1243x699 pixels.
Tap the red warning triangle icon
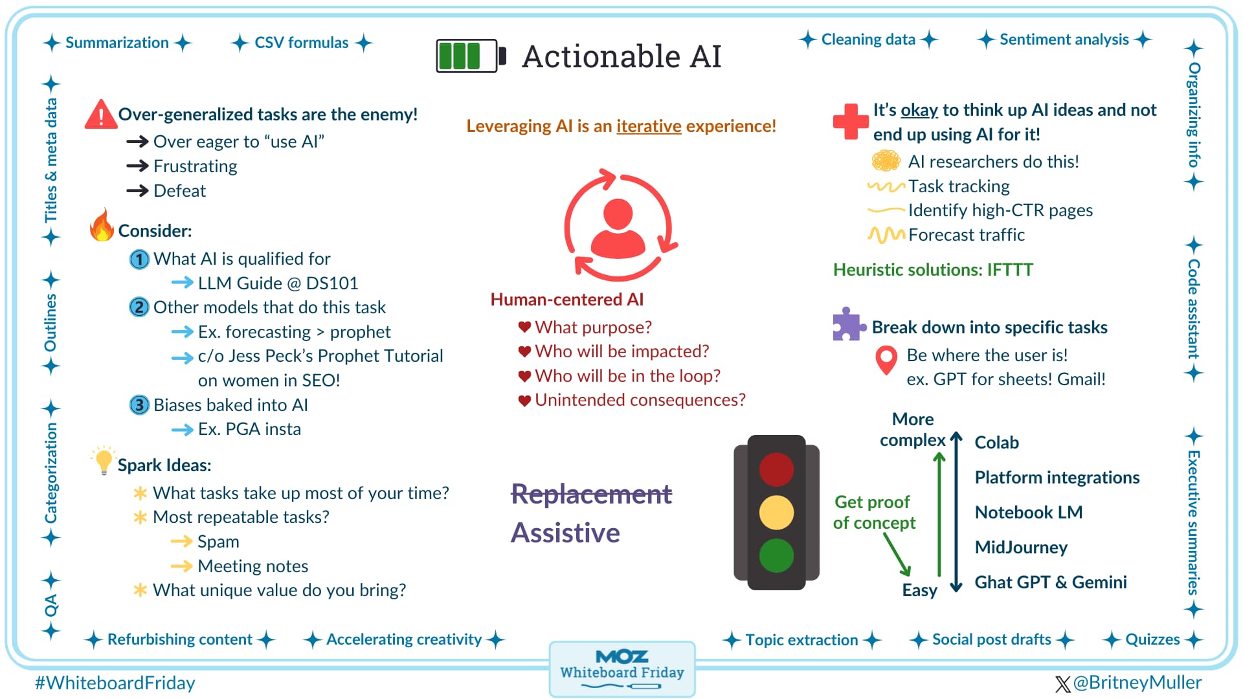click(x=101, y=115)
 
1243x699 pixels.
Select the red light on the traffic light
click(x=776, y=469)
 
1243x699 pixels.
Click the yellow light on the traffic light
click(x=776, y=513)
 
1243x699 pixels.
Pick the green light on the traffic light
click(x=776, y=555)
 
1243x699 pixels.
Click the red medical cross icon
click(x=850, y=121)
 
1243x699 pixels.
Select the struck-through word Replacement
click(x=591, y=494)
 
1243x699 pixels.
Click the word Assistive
click(x=565, y=533)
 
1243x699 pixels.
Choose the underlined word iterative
click(x=649, y=126)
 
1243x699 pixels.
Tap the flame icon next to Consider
click(x=102, y=226)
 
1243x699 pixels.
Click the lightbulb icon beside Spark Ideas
click(x=103, y=460)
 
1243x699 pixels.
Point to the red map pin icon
click(x=886, y=360)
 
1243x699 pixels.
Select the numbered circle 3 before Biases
click(x=139, y=405)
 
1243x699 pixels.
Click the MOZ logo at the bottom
click(x=621, y=657)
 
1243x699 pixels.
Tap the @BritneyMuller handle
click(x=1136, y=683)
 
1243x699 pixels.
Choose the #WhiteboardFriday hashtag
click(x=115, y=683)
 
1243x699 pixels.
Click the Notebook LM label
click(x=1028, y=513)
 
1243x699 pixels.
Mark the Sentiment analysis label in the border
click(x=1064, y=39)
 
